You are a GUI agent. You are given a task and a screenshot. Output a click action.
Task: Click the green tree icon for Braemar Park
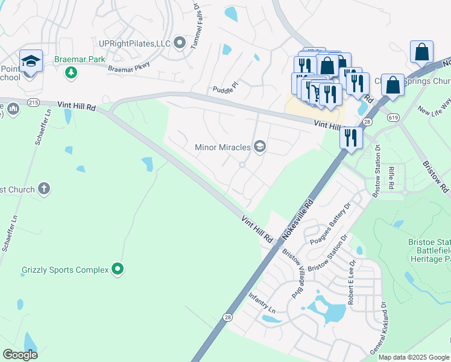click(x=71, y=72)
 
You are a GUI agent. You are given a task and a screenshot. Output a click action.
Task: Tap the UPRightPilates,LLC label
click(x=134, y=43)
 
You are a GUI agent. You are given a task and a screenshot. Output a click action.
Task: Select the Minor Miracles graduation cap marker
click(x=260, y=147)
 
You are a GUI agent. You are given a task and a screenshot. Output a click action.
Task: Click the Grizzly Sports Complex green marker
click(x=118, y=270)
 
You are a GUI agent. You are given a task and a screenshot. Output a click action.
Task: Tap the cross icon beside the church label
click(x=43, y=189)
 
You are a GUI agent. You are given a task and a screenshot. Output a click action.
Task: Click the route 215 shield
click(x=34, y=103)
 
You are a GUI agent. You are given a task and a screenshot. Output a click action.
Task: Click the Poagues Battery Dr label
click(x=330, y=223)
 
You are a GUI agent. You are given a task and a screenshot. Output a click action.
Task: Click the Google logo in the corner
click(x=20, y=355)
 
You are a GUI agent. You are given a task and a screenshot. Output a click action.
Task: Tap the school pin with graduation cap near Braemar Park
click(x=31, y=60)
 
